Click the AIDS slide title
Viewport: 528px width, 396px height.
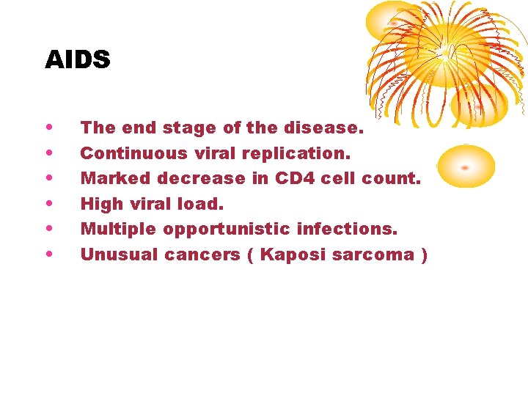tap(77, 59)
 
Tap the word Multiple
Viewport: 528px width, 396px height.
tap(118, 229)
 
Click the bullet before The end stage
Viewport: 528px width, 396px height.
tap(48, 127)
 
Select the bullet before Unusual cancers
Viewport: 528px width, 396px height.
tap(48, 254)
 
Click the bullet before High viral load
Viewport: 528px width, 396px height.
tap(48, 203)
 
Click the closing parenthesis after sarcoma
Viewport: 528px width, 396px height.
tap(424, 254)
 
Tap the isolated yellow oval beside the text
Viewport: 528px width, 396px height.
tap(466, 166)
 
